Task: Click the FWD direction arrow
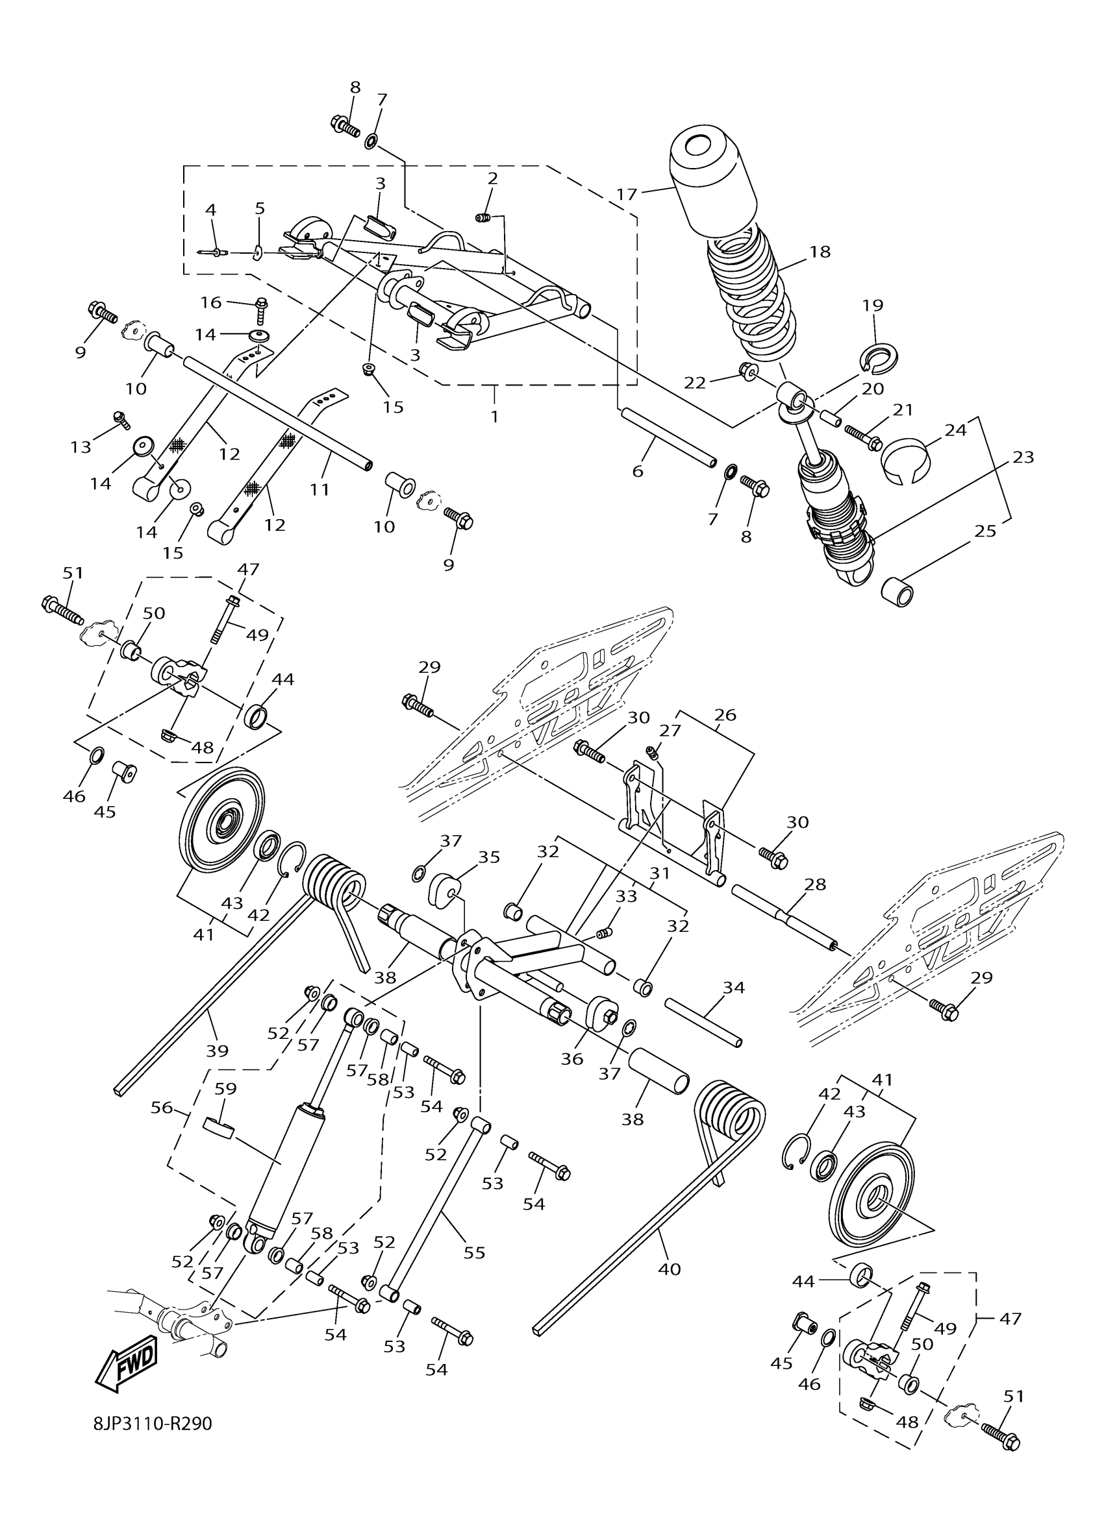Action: pyautogui.click(x=129, y=1364)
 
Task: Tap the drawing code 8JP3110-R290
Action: pyautogui.click(x=153, y=1441)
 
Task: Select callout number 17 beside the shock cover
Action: pyautogui.click(x=626, y=195)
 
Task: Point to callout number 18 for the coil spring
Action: pyautogui.click(x=820, y=251)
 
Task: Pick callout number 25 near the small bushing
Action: pyautogui.click(x=985, y=531)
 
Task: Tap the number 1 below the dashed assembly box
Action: pyautogui.click(x=495, y=417)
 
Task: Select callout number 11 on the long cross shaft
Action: pyautogui.click(x=320, y=489)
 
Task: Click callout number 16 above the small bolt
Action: pyautogui.click(x=211, y=302)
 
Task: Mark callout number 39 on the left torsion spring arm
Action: pyautogui.click(x=217, y=1050)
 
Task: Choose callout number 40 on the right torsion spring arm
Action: pyautogui.click(x=670, y=1269)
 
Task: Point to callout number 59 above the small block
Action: pyautogui.click(x=226, y=1088)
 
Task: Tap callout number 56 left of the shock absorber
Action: pyautogui.click(x=162, y=1107)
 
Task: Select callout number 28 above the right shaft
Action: pyautogui.click(x=815, y=884)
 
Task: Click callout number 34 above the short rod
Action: pyautogui.click(x=734, y=987)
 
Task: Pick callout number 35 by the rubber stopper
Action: pyautogui.click(x=489, y=857)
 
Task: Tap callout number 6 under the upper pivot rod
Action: pyautogui.click(x=638, y=470)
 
